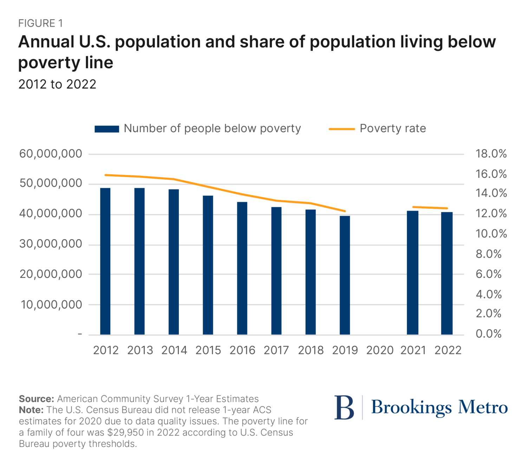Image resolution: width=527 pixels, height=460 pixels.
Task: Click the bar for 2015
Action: tap(208, 265)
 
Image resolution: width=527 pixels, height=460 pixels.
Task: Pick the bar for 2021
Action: tap(412, 273)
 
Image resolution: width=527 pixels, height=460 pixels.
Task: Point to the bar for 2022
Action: tap(447, 273)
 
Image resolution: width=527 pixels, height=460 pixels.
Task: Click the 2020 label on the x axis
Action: tap(379, 350)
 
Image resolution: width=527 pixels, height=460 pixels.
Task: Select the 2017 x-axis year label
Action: tap(276, 350)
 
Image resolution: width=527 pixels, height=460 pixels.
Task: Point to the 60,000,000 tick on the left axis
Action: tap(51, 154)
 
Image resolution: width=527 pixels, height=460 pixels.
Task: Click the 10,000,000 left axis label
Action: tap(51, 305)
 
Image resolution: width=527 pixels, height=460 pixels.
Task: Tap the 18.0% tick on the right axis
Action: tap(491, 154)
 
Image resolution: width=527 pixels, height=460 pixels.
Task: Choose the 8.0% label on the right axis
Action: tap(488, 254)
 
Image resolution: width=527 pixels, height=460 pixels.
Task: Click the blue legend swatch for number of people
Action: tap(107, 129)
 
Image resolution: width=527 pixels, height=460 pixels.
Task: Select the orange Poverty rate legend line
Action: tap(341, 129)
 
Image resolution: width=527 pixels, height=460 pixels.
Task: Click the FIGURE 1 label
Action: tap(40, 24)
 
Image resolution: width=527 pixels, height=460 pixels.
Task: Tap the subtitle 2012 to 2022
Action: tap(57, 84)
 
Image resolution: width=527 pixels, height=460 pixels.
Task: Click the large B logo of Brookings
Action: tap(344, 408)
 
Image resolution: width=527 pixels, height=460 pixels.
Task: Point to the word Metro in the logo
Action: tap(483, 407)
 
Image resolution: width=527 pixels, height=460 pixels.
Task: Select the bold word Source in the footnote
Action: tap(36, 399)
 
